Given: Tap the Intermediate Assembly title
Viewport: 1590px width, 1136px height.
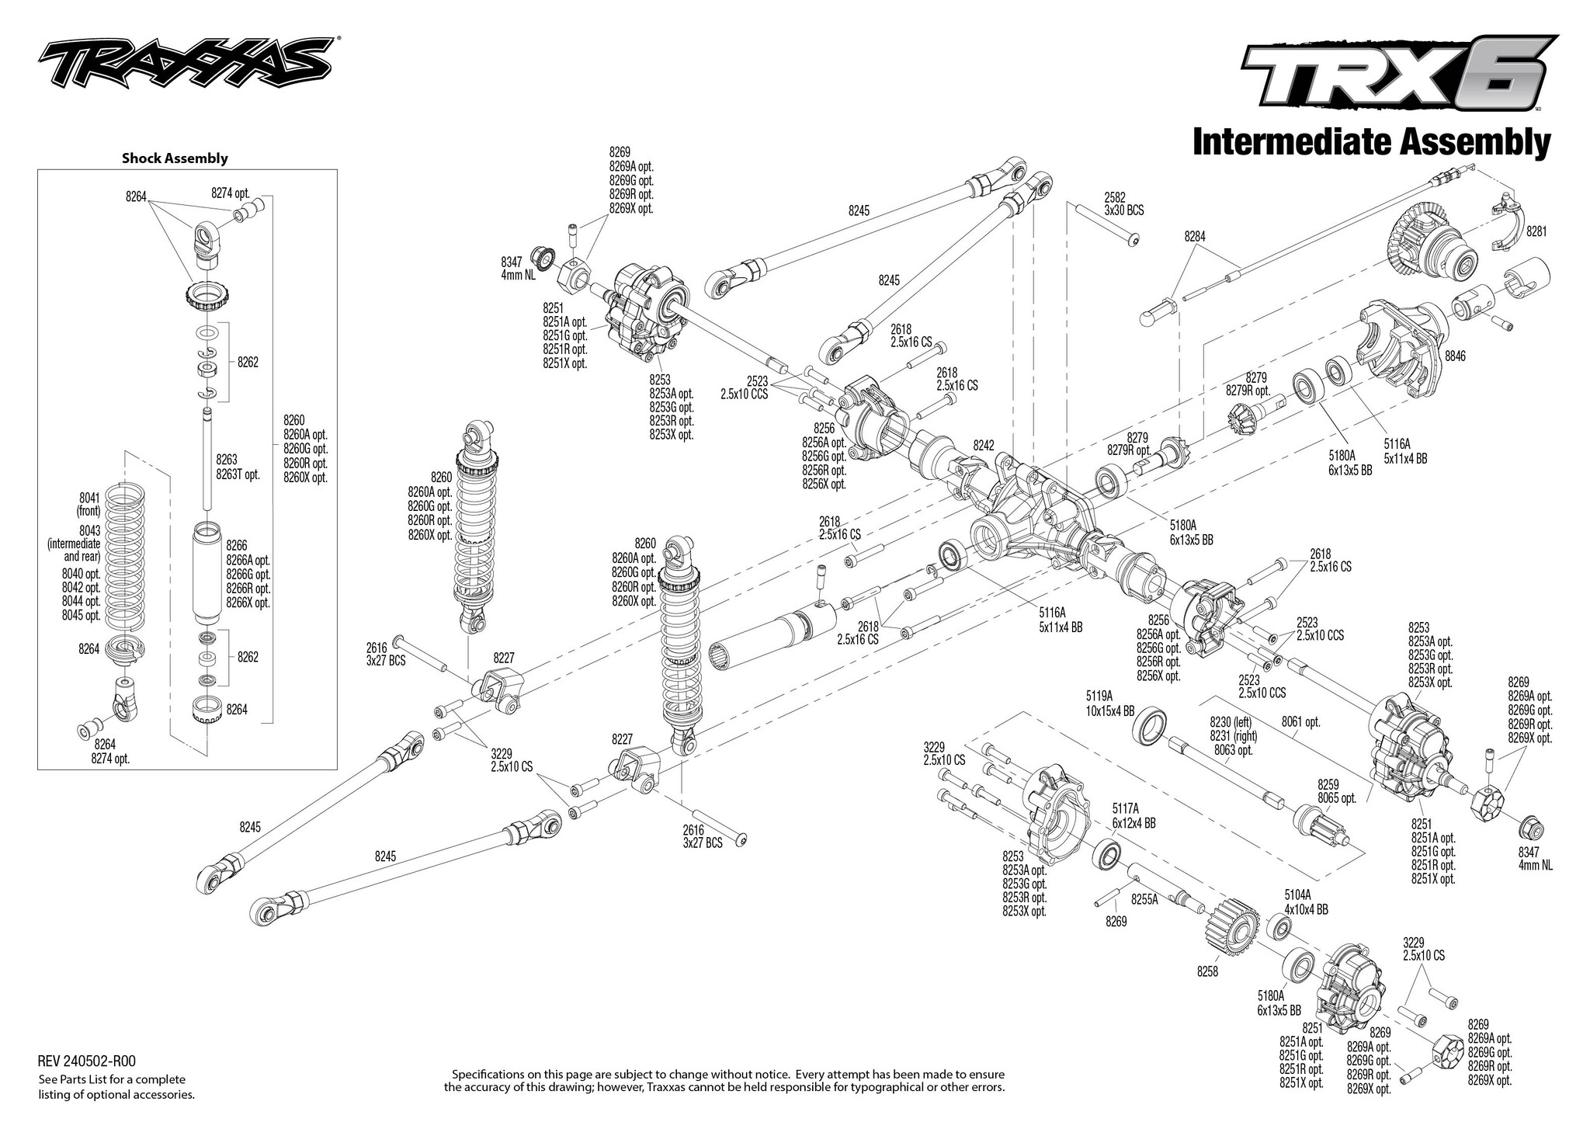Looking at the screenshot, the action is point(1372,144).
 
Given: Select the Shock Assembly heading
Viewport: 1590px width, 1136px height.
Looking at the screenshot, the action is point(175,158).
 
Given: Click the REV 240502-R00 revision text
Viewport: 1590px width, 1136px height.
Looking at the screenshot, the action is point(87,1061).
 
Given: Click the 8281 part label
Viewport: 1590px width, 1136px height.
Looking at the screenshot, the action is point(1537,231).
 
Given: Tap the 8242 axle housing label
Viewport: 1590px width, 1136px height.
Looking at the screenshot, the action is point(984,446).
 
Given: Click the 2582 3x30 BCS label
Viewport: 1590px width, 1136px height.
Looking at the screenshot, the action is point(1123,204).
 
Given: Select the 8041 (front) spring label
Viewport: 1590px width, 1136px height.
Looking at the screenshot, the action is point(89,505).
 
